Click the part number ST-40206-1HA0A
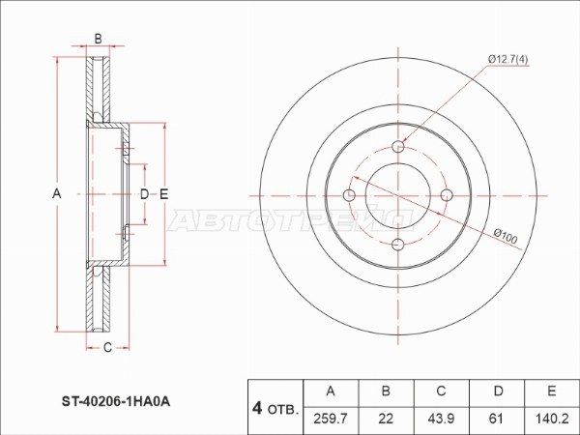(116, 402)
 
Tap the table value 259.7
(331, 419)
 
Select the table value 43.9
(441, 419)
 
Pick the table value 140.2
(552, 419)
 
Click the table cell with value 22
(386, 419)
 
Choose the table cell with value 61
(497, 419)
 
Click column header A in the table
(331, 391)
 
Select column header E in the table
(552, 391)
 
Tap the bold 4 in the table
(257, 408)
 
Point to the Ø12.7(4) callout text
(507, 59)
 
